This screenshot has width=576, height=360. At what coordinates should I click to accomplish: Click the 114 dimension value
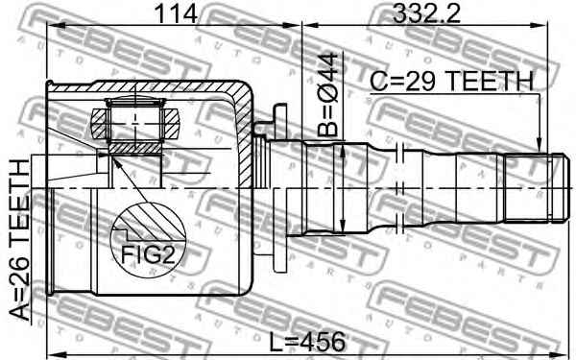coord(177,14)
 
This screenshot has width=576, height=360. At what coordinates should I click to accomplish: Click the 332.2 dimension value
coord(426,14)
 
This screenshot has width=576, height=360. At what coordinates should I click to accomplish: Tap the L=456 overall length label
coord(307,342)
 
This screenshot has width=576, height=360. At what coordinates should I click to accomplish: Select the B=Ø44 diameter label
coord(327,94)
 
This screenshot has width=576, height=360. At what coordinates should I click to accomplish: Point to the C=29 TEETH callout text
coord(451,81)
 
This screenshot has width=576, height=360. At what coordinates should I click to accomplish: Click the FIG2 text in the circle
coord(148,254)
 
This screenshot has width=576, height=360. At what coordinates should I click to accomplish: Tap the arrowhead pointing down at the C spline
coord(539,146)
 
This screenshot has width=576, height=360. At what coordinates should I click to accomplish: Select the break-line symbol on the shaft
coord(400,188)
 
